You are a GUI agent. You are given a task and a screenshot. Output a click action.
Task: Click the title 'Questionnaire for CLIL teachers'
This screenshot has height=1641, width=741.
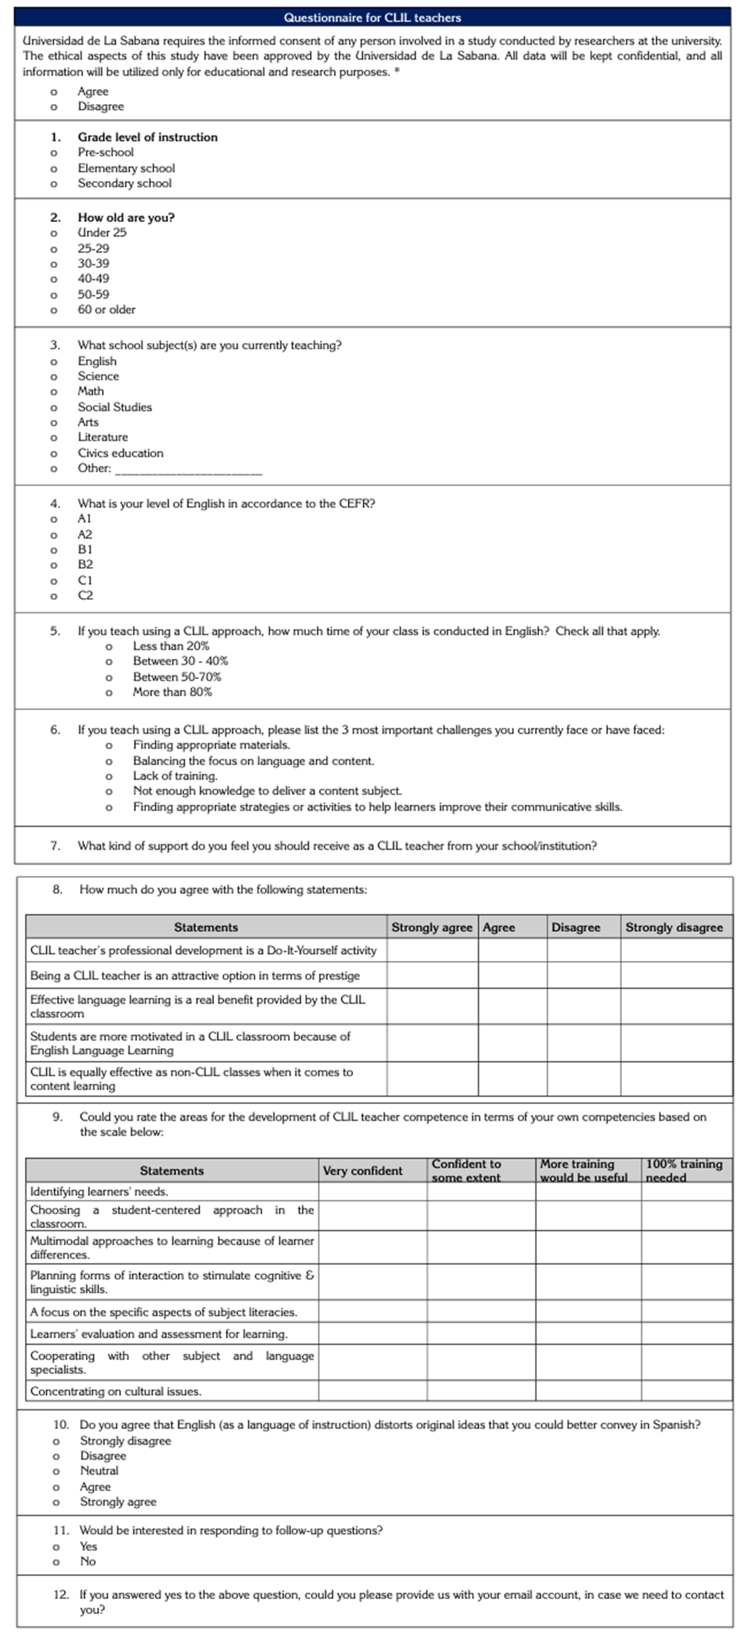click(372, 17)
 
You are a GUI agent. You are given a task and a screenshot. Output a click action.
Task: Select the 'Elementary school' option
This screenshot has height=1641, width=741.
click(126, 168)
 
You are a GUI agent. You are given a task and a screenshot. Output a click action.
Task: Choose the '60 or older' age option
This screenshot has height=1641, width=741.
click(106, 309)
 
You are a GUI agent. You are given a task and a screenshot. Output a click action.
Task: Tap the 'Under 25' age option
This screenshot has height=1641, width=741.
click(102, 232)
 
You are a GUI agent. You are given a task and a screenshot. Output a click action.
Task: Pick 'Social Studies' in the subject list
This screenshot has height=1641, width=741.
click(114, 407)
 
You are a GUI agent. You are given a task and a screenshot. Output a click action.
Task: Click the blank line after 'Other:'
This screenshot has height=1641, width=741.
click(188, 471)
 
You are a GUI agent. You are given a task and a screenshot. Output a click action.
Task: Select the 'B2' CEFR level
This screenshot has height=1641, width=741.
click(86, 565)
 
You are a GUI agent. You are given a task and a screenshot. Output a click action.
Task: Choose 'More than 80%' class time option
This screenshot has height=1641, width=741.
click(172, 692)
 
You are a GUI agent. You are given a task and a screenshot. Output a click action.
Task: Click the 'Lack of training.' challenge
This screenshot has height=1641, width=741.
click(174, 776)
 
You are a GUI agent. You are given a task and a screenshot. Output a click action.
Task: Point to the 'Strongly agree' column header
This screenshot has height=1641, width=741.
click(431, 927)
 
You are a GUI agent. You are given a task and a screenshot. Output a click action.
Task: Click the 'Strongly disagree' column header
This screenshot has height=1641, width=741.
click(674, 927)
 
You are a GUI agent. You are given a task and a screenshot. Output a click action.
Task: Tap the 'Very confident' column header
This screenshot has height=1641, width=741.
click(362, 1171)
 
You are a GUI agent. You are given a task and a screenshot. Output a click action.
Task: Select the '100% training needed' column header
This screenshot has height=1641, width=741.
click(684, 1171)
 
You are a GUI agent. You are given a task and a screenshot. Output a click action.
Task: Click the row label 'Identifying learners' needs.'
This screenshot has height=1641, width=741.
click(99, 1191)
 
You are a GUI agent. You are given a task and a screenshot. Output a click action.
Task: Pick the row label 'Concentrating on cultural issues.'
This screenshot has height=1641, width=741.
click(115, 1391)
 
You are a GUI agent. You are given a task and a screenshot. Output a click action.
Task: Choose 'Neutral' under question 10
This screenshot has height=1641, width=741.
click(99, 1471)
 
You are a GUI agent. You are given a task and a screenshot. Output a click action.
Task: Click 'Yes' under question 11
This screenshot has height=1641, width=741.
click(89, 1546)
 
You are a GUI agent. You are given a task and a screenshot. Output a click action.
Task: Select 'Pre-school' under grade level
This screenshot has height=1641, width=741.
click(106, 152)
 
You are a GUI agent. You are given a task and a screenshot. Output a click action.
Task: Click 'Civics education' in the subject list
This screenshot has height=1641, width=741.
click(121, 453)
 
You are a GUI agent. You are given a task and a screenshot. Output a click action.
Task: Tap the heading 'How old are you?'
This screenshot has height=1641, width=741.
click(125, 217)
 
